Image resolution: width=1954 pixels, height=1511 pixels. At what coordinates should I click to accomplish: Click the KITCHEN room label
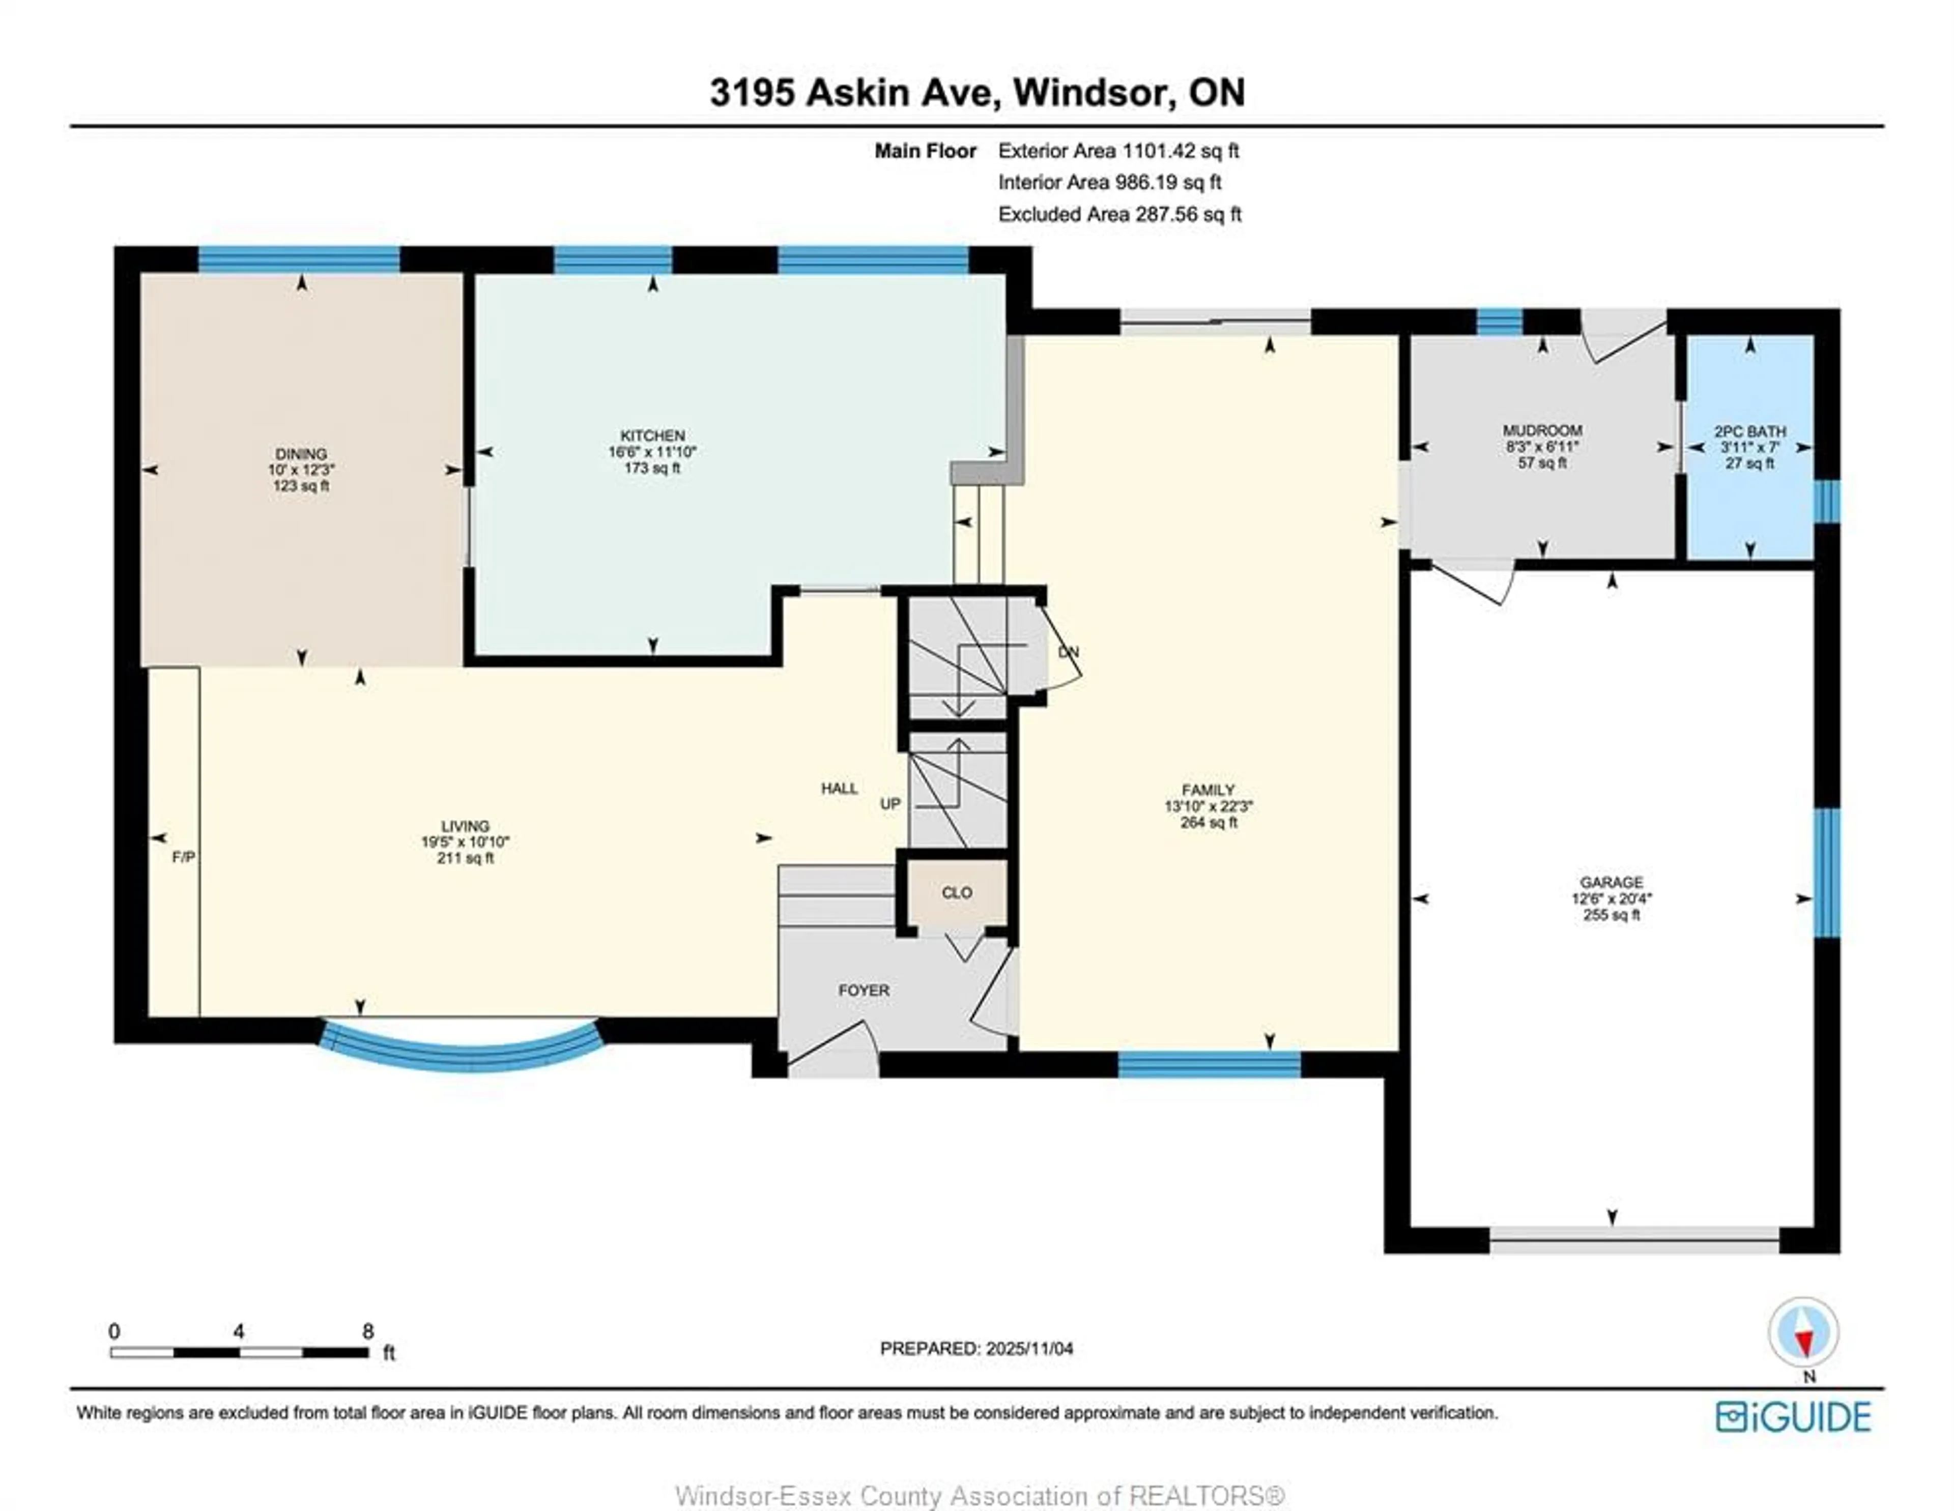click(x=652, y=435)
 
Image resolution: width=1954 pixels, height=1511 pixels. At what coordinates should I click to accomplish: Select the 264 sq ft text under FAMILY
click(x=1208, y=822)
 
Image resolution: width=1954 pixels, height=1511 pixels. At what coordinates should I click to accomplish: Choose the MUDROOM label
click(x=1541, y=430)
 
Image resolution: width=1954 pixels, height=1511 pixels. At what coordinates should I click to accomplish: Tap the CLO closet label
click(x=957, y=893)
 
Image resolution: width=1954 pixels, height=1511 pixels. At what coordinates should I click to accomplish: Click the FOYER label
click(x=864, y=991)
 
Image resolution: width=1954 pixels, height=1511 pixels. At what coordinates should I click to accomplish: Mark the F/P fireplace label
click(x=183, y=857)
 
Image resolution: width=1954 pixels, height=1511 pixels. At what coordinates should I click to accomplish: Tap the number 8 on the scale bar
click(x=368, y=1331)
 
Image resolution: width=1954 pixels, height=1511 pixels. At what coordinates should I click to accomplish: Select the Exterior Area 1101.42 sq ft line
click(x=1118, y=151)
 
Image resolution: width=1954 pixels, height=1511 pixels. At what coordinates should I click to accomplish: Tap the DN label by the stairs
click(x=1068, y=652)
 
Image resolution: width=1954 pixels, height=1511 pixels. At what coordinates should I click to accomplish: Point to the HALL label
click(x=839, y=788)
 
